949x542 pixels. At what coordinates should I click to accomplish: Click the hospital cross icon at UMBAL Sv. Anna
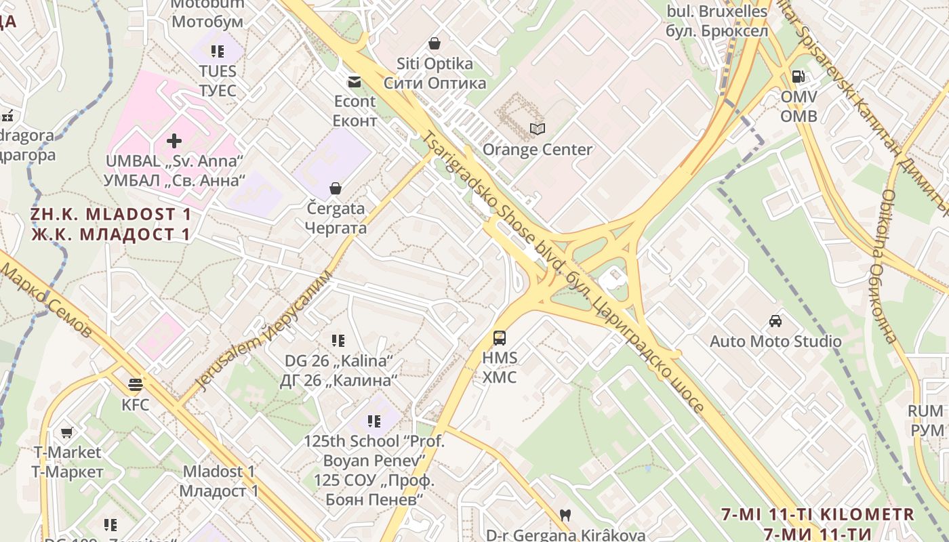174,140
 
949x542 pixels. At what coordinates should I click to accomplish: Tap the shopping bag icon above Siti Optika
435,43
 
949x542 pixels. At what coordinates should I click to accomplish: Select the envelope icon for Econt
355,82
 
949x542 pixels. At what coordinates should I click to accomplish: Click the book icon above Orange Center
538,129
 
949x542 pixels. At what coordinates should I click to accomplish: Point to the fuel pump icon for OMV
799,77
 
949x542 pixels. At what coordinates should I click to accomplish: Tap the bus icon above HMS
500,337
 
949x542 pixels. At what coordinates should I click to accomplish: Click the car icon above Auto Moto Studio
775,321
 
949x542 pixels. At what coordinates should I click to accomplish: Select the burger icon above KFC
136,385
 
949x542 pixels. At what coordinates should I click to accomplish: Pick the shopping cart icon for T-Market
67,432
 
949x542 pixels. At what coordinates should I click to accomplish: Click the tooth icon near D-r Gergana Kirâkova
565,516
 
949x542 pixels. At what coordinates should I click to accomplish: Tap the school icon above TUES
218,51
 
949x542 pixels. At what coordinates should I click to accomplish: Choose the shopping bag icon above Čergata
336,188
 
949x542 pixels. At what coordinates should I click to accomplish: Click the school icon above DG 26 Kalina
338,340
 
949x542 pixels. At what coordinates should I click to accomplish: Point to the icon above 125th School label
374,421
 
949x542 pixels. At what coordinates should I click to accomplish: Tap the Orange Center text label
538,150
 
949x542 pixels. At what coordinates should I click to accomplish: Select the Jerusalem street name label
264,332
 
